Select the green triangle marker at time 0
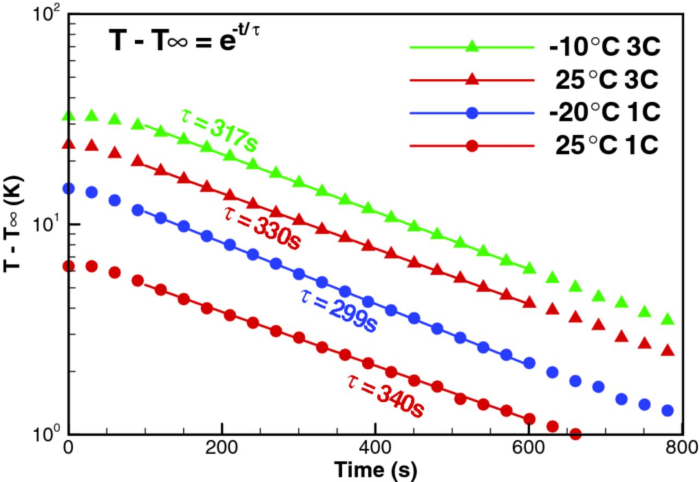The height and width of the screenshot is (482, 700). (x=68, y=115)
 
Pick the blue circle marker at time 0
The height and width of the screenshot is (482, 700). (x=68, y=189)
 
